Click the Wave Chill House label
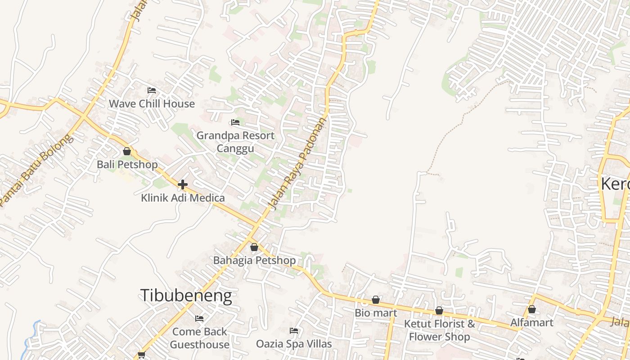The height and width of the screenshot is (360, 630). [x=152, y=103]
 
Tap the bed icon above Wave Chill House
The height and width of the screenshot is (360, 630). [x=152, y=90]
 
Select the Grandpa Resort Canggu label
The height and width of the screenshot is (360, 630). [x=235, y=142]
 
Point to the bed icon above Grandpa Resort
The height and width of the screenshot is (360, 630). [x=235, y=122]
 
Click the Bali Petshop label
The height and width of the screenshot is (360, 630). [x=127, y=164]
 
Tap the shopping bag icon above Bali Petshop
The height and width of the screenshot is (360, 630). [x=127, y=151]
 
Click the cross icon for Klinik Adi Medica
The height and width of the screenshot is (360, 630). [x=183, y=184]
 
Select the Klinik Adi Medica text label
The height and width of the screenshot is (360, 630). [x=183, y=198]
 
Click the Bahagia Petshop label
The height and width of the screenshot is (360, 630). [x=254, y=260]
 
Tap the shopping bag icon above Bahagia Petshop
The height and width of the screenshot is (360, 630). [x=254, y=247]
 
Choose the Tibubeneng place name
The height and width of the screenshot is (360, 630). [x=186, y=295]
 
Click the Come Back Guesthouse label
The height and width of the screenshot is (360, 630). [x=200, y=338]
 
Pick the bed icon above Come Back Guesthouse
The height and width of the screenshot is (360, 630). [x=199, y=319]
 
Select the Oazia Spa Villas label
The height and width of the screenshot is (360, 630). [x=294, y=344]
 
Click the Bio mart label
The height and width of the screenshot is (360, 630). [x=376, y=313]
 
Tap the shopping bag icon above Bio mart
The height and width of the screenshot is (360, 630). [x=376, y=300]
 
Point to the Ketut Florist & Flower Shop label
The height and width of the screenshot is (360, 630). [x=439, y=330]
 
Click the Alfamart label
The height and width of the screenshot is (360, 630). [x=531, y=322]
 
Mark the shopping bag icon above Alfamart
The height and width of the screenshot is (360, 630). [x=531, y=309]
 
